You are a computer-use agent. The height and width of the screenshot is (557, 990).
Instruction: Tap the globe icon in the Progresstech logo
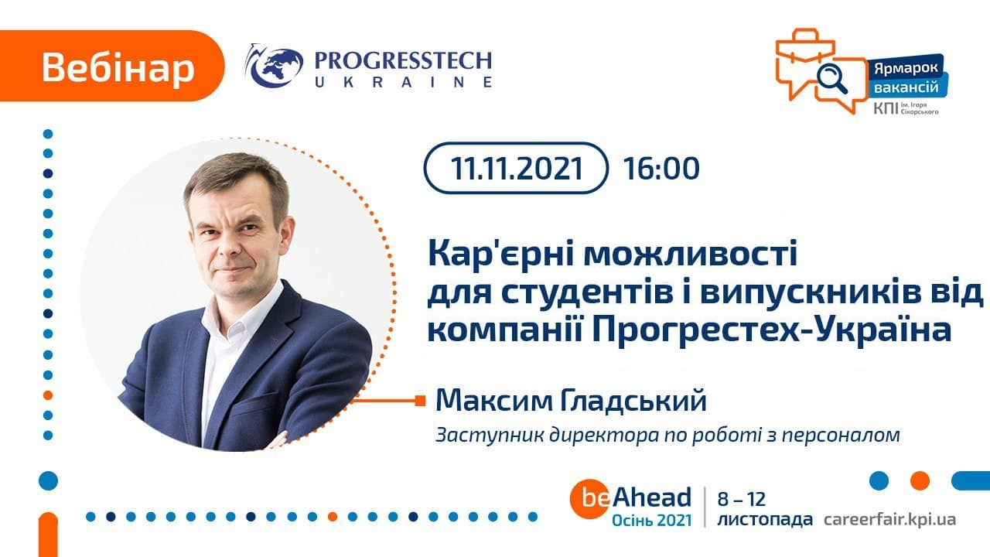(275, 67)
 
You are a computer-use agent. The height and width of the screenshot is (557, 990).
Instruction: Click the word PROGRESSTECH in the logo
(403, 61)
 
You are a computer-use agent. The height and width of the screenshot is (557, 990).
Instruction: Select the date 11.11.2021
(516, 168)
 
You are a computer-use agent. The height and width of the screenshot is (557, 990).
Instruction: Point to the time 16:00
(661, 169)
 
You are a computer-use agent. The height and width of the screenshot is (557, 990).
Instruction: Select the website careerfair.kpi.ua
(889, 519)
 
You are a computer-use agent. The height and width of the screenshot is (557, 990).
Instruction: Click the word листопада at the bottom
(765, 519)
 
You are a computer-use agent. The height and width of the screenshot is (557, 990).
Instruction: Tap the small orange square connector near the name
(420, 401)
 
